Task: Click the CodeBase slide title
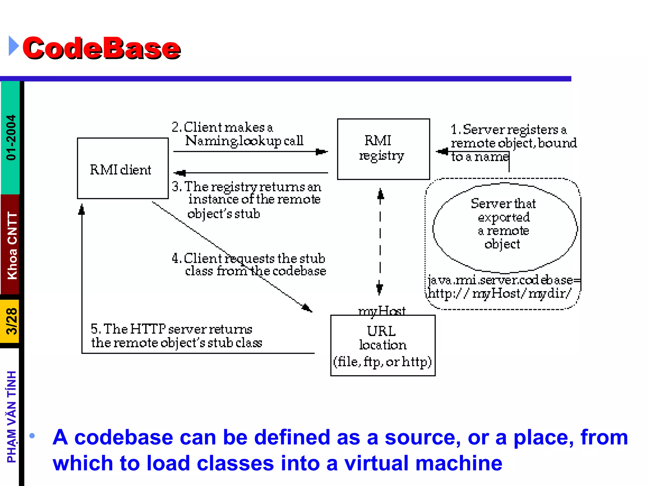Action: tap(101, 48)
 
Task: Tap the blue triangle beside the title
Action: tap(13, 46)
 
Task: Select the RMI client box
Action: tap(122, 168)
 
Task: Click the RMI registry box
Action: tap(383, 149)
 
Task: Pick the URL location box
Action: tap(383, 346)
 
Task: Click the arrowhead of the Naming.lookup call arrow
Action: tap(321, 152)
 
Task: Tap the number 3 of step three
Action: tap(176, 187)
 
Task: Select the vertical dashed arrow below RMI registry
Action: tap(380, 242)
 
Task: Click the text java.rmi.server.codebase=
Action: tap(503, 280)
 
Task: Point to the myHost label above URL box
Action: tap(382, 311)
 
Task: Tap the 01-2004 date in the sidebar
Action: tap(11, 137)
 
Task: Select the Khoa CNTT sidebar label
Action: tap(12, 246)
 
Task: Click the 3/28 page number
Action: tap(12, 321)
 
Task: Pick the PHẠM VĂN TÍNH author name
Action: tap(12, 416)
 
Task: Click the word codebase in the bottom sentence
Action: tap(123, 437)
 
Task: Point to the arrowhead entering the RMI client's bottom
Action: tap(82, 210)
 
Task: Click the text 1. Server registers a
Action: tap(508, 130)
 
